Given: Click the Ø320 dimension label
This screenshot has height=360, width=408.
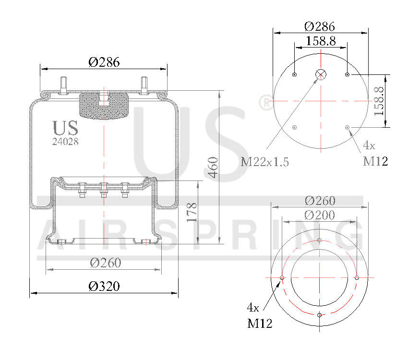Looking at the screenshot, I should [104, 287].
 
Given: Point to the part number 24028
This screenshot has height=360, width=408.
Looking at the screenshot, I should [65, 142].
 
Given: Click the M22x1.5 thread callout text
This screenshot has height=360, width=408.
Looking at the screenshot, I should [265, 162].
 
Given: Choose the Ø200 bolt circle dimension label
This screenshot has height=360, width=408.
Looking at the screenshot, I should [320, 215].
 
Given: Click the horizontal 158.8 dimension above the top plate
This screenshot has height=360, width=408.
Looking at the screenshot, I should [321, 41].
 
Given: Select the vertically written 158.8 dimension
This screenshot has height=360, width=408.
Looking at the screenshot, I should [379, 101].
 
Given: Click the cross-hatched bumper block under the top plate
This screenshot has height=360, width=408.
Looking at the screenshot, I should [104, 106].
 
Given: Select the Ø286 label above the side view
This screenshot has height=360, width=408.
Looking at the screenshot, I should [104, 62].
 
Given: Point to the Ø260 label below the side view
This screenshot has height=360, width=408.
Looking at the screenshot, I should [106, 263].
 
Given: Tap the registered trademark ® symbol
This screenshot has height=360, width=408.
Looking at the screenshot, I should [264, 102].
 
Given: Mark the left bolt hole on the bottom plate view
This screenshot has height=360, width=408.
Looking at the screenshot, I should [282, 278].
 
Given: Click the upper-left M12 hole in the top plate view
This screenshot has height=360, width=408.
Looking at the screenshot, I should [294, 74].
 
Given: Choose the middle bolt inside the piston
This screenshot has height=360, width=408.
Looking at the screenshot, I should [103, 190].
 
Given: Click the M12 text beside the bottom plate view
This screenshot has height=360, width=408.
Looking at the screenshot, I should [260, 324].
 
